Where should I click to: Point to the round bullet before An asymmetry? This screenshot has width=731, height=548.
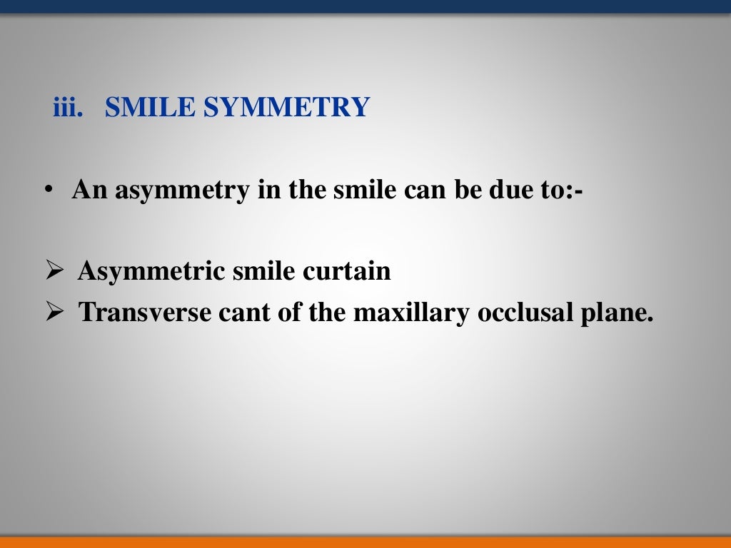click(47, 191)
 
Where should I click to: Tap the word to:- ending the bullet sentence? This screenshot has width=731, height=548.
click(563, 191)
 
